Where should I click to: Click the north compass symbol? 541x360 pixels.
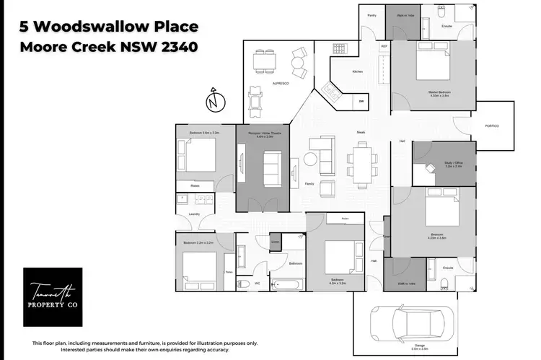point(211,102)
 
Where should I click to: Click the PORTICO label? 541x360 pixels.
point(492,126)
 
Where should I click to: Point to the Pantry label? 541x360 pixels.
point(372,15)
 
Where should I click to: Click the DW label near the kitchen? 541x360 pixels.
point(361,102)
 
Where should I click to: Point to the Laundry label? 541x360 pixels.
point(194,214)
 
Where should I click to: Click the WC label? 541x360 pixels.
point(257,284)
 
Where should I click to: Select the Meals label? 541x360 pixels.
point(361,132)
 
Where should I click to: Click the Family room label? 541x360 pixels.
point(309,183)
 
